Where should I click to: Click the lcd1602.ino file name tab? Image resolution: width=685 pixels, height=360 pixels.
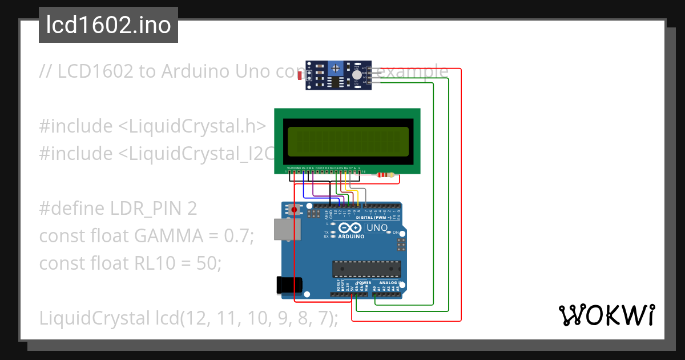click(x=108, y=25)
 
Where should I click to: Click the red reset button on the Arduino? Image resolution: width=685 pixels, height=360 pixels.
click(x=295, y=210)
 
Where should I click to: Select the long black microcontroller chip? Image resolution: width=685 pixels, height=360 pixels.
click(x=367, y=269)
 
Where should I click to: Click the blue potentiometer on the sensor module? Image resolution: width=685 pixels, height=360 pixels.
click(x=337, y=68)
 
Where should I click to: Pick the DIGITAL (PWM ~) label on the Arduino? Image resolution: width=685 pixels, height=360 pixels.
click(x=373, y=218)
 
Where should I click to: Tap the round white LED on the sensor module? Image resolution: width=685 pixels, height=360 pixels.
click(x=357, y=74)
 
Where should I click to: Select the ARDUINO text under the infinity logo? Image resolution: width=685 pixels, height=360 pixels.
click(x=351, y=235)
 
